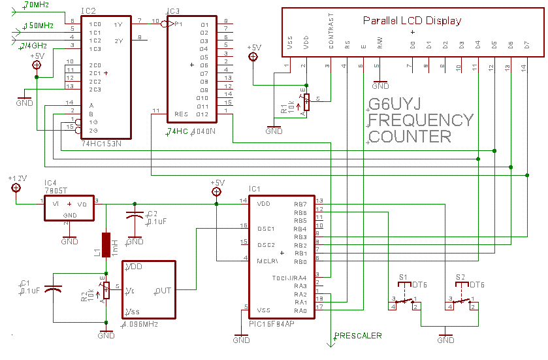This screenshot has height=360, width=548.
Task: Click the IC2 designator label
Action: [x=89, y=12]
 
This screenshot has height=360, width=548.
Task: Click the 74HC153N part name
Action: [x=103, y=142]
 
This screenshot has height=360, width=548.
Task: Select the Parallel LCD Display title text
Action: [x=412, y=20]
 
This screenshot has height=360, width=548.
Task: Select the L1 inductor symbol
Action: [x=106, y=246]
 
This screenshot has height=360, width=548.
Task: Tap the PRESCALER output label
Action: [x=358, y=336]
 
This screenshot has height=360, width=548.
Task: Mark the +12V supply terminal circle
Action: [x=16, y=188]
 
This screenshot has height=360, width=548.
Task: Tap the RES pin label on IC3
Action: [x=181, y=115]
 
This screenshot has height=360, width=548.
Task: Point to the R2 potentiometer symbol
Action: [x=106, y=289]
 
